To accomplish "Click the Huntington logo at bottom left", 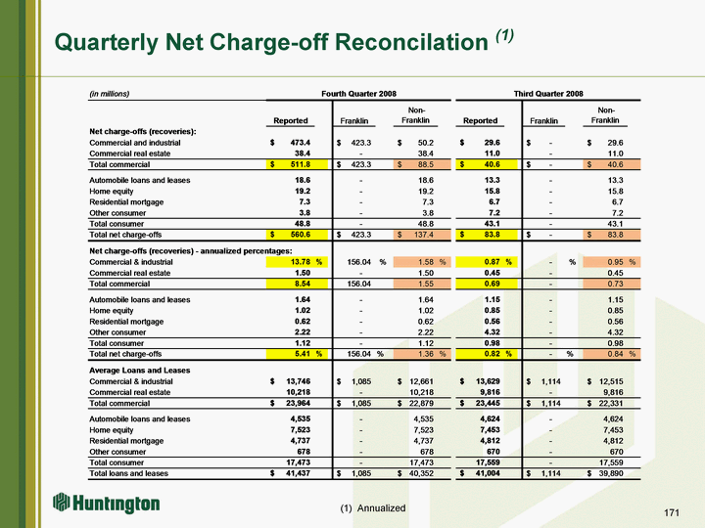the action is click(x=107, y=504).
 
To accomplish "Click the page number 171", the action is click(x=671, y=512).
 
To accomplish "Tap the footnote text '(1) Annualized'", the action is click(x=373, y=507).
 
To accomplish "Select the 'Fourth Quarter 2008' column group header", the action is click(x=358, y=94).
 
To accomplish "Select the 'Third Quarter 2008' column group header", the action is click(x=548, y=94).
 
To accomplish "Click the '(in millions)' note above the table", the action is click(x=110, y=94).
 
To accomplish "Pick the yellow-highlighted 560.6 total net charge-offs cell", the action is click(x=298, y=235).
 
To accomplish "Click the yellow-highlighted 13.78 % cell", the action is click(x=298, y=262).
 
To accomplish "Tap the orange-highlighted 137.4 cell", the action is click(x=422, y=235).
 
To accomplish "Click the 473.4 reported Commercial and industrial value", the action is click(x=301, y=143).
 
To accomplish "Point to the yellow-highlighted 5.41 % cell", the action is click(x=298, y=354).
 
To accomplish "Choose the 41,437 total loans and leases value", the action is click(x=298, y=473).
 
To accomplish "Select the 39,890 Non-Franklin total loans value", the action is click(x=611, y=473).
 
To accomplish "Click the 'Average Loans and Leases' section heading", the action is click(x=139, y=371).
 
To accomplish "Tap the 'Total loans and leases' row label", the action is click(x=128, y=473).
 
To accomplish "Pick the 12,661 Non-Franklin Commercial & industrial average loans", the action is click(x=421, y=381).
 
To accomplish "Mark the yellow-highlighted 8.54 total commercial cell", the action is click(x=298, y=284).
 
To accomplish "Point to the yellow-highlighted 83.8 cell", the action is click(x=487, y=235).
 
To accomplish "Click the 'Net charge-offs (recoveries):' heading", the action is click(x=143, y=132).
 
